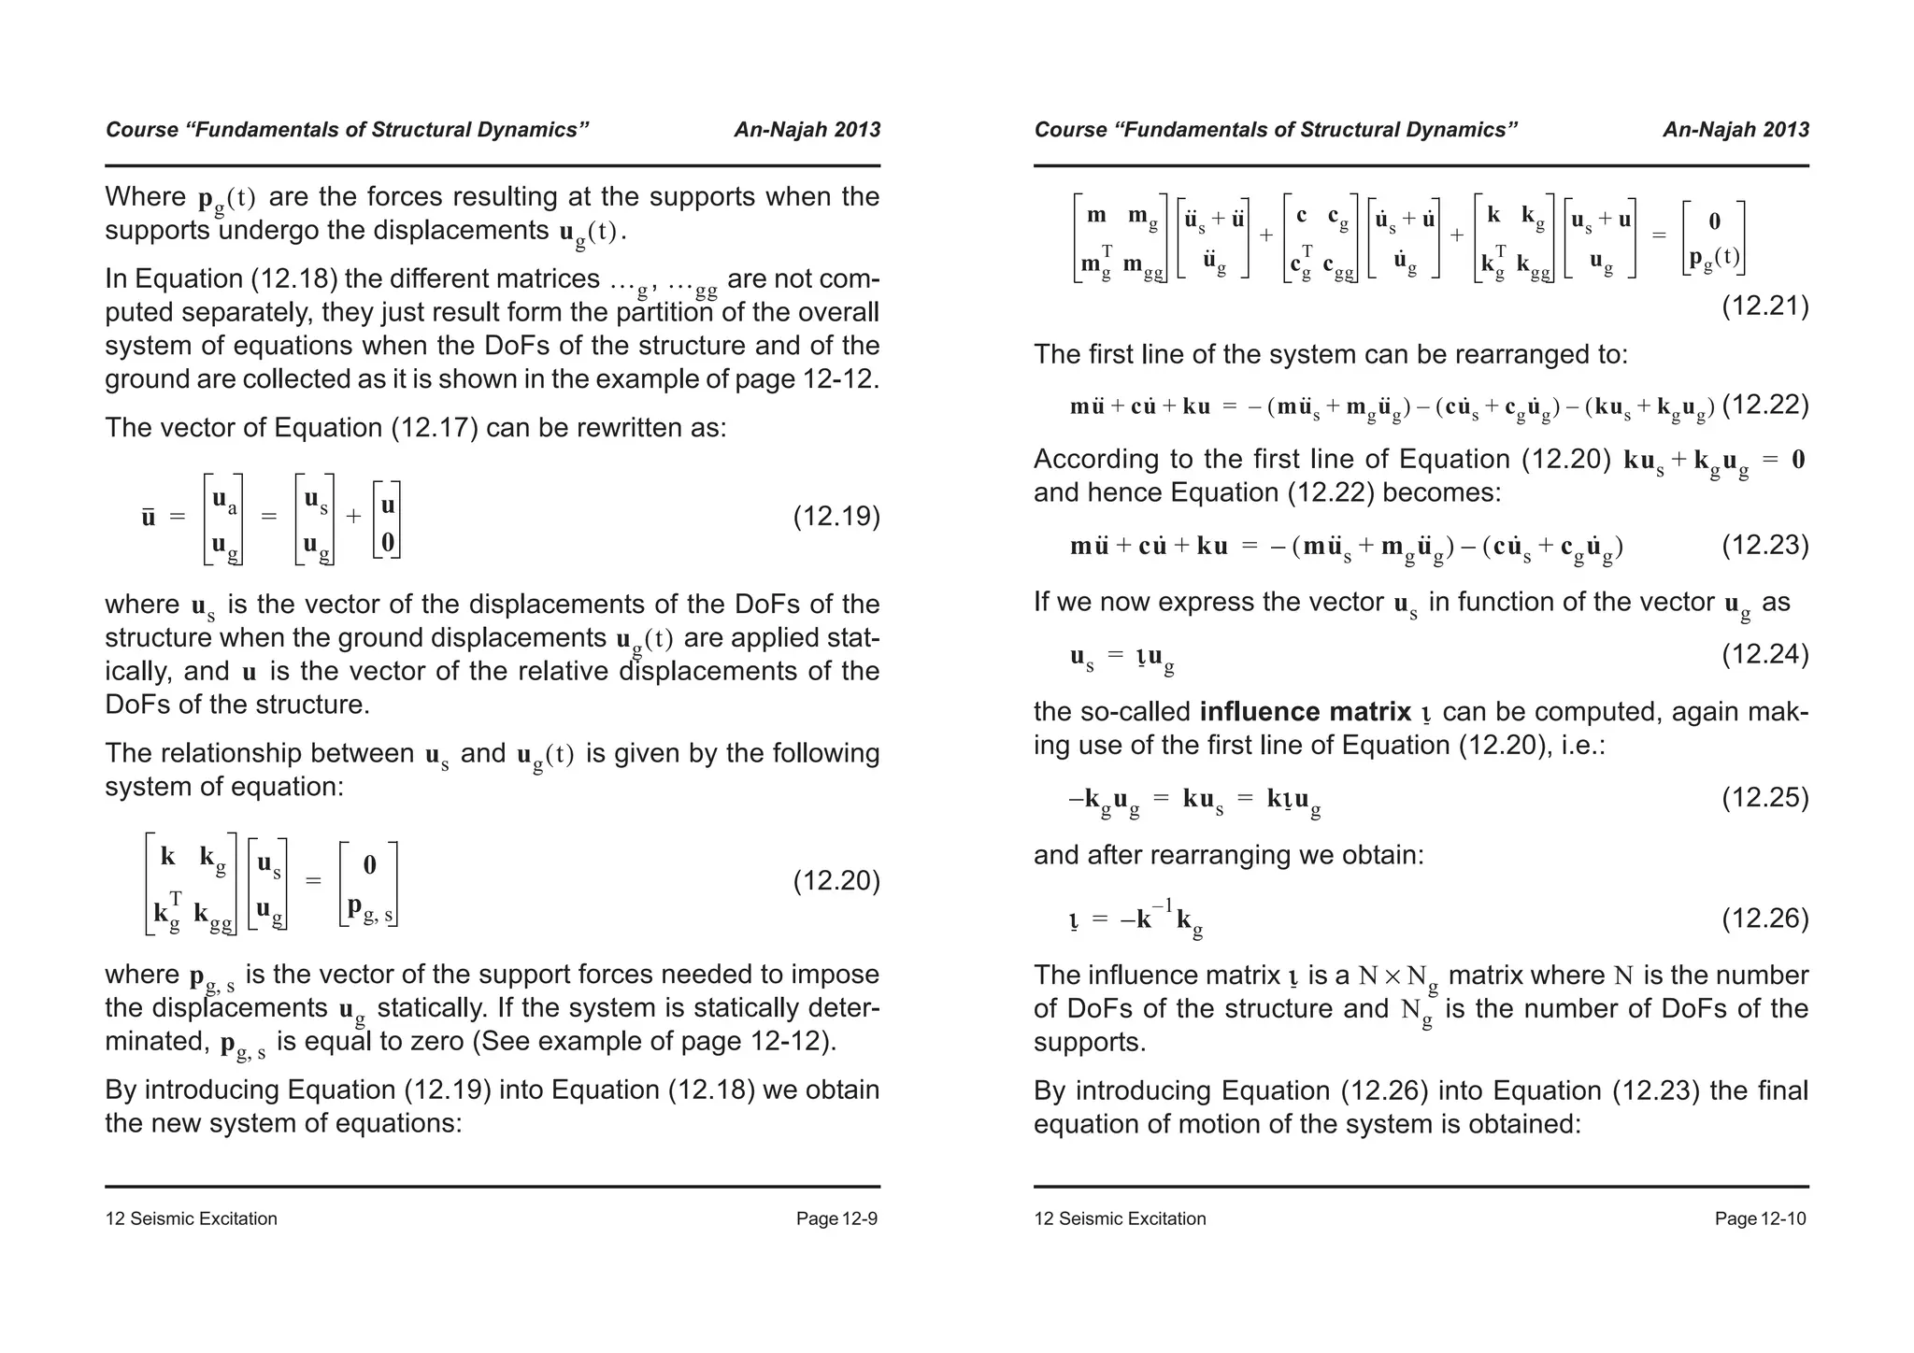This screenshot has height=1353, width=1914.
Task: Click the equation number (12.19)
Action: pyautogui.click(x=836, y=517)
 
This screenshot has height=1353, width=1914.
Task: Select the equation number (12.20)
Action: pyautogui.click(x=836, y=881)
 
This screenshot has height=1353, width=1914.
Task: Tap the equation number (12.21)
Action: pyautogui.click(x=1764, y=306)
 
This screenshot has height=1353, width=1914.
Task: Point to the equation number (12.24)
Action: pyautogui.click(x=1764, y=654)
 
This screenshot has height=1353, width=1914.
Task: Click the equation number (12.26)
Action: pyautogui.click(x=1764, y=919)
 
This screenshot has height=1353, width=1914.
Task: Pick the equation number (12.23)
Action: pyautogui.click(x=1764, y=546)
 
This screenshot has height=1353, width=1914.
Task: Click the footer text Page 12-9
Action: pyautogui.click(x=836, y=1218)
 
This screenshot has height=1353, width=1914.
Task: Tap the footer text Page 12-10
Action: pyautogui.click(x=1761, y=1218)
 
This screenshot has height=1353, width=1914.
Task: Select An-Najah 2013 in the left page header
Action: pyautogui.click(x=807, y=130)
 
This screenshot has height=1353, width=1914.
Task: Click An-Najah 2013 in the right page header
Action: pyautogui.click(x=1735, y=130)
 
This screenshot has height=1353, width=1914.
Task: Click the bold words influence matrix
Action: pyautogui.click(x=1306, y=712)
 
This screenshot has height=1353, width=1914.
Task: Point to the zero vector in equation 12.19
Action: pyautogui.click(x=388, y=543)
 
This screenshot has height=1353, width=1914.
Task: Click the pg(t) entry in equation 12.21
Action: pyautogui.click(x=1714, y=258)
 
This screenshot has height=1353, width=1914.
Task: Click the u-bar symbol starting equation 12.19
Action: pyautogui.click(x=149, y=517)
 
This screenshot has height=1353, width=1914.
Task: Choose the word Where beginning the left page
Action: pyautogui.click(x=146, y=197)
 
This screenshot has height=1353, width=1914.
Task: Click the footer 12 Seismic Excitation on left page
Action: pyautogui.click(x=191, y=1218)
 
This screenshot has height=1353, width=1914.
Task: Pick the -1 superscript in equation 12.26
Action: pyautogui.click(x=1161, y=905)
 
